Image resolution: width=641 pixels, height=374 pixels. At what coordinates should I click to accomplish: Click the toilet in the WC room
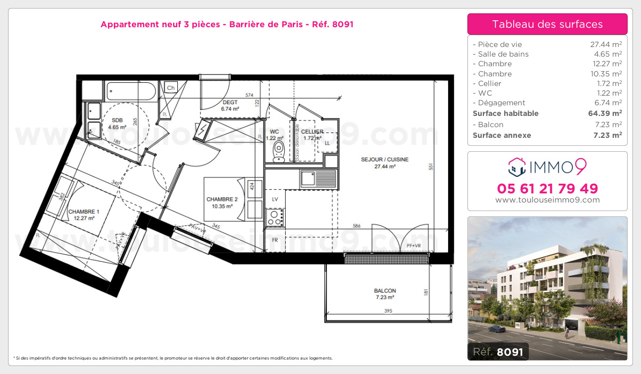pyautogui.click(x=278, y=151)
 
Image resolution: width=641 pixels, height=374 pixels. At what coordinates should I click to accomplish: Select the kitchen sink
pyautogui.click(x=318, y=178)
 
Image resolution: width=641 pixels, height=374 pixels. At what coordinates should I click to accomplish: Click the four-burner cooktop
pyautogui.click(x=275, y=217)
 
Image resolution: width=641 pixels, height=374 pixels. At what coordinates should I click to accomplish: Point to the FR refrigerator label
pyautogui.click(x=275, y=240)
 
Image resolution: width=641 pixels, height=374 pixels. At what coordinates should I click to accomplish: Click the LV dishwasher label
pyautogui.click(x=275, y=199)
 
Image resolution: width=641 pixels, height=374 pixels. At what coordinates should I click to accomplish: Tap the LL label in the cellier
pyautogui.click(x=327, y=143)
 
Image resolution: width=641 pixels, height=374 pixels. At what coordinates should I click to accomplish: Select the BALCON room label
pyautogui.click(x=385, y=291)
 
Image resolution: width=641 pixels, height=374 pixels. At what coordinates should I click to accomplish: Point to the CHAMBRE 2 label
pyautogui.click(x=222, y=199)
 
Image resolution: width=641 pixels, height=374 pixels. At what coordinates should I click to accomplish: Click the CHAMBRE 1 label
pyautogui.click(x=83, y=212)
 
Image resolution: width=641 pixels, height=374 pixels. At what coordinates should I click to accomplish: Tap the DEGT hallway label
pyautogui.click(x=230, y=103)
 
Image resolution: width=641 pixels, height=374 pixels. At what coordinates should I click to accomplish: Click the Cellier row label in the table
pyautogui.click(x=487, y=83)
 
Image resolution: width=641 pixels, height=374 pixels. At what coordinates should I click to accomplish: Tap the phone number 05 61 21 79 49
pyautogui.click(x=548, y=189)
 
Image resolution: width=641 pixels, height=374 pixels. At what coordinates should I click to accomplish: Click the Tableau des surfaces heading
pyautogui.click(x=548, y=24)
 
